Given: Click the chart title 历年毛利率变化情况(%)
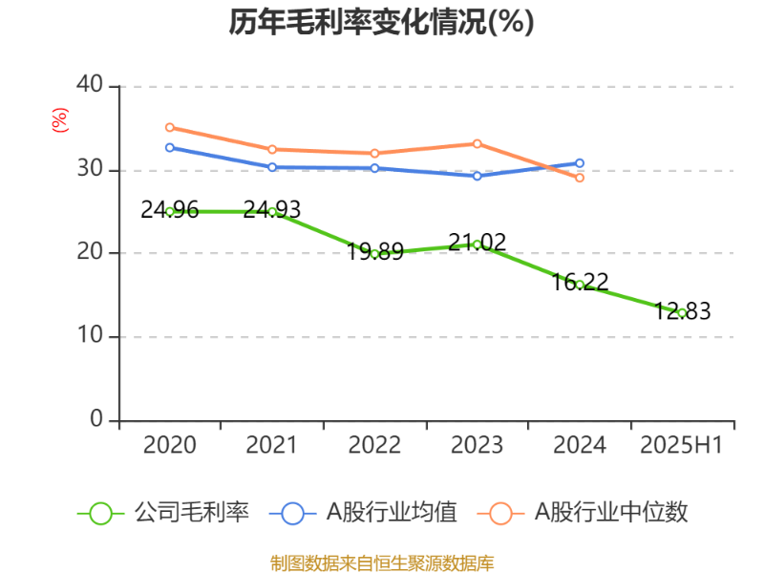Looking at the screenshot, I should pos(381,22).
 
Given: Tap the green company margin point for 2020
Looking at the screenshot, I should pos(170,211).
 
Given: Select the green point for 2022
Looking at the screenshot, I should pos(374,253).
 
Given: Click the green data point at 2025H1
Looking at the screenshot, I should pos(682,312).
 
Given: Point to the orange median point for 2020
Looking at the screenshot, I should pos(170,127).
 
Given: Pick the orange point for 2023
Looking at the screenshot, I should pos(477,143).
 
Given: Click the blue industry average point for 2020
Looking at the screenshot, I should pos(170,147).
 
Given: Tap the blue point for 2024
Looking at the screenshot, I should pos(580,163).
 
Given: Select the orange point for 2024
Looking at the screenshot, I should pos(580,178).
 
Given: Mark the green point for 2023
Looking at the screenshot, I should pos(477,244).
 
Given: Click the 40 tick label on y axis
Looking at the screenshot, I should pos(90,85).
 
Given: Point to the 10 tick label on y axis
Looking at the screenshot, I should pos(90,337).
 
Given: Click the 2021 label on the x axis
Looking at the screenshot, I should pos(272,446).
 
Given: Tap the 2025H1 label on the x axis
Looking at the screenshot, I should pos(682,446).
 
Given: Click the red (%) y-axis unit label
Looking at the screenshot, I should pos(60,120).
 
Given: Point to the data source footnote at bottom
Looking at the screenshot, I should pos(381,562).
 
